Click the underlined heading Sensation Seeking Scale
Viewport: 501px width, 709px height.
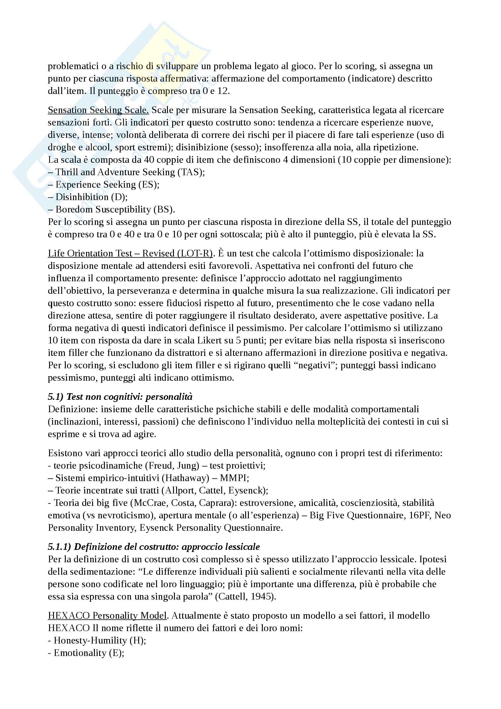point(98,110)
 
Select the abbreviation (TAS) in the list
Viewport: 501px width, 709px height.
point(190,172)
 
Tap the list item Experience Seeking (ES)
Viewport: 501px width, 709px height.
point(107,185)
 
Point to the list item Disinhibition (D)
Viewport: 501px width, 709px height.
point(91,197)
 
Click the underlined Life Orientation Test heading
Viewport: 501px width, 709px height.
point(130,253)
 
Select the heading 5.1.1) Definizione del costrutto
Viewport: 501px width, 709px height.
point(154,547)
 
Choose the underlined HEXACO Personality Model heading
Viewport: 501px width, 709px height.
point(107,615)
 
